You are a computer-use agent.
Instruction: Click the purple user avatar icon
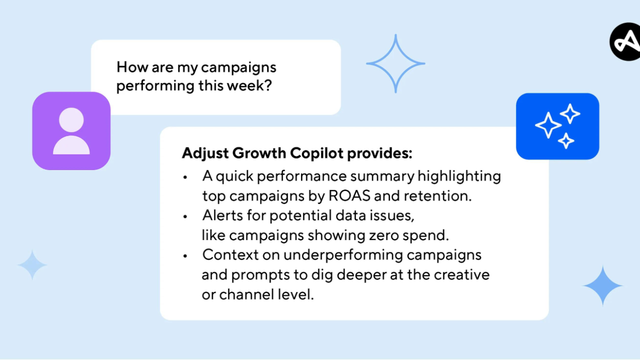(x=71, y=131)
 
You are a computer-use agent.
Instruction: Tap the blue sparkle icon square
(x=557, y=126)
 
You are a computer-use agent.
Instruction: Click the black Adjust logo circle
(x=625, y=41)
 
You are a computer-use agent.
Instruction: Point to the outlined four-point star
(x=395, y=63)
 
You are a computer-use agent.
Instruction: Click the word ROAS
(x=349, y=196)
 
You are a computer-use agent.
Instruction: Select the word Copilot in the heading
(x=316, y=153)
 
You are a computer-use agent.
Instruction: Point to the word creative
(x=461, y=275)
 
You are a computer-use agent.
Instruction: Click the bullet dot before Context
(x=185, y=256)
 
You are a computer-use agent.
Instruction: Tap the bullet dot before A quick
(x=185, y=177)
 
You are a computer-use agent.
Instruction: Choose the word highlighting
(x=459, y=176)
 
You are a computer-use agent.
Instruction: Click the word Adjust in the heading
(x=205, y=153)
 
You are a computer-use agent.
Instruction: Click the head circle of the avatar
(x=71, y=120)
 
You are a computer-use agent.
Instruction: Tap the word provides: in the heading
(x=379, y=153)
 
